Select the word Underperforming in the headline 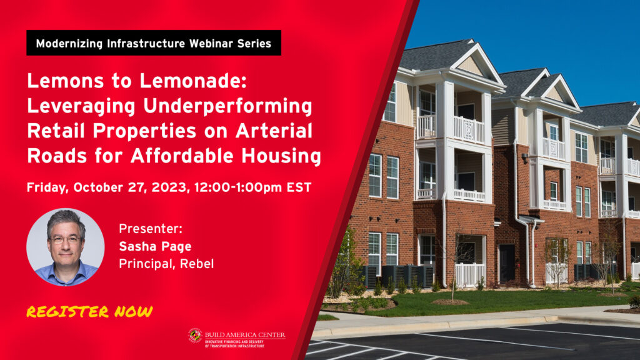point(227,106)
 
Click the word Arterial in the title point(274,131)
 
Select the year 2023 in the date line point(170,187)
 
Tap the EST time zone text point(299,187)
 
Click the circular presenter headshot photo point(65,247)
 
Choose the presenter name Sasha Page point(155,246)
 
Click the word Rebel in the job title point(197,264)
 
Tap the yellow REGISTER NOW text point(89,312)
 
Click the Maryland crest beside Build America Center point(195,336)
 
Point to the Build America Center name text point(245,335)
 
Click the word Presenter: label point(150,229)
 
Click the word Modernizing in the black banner point(69,44)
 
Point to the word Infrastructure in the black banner point(146,43)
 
